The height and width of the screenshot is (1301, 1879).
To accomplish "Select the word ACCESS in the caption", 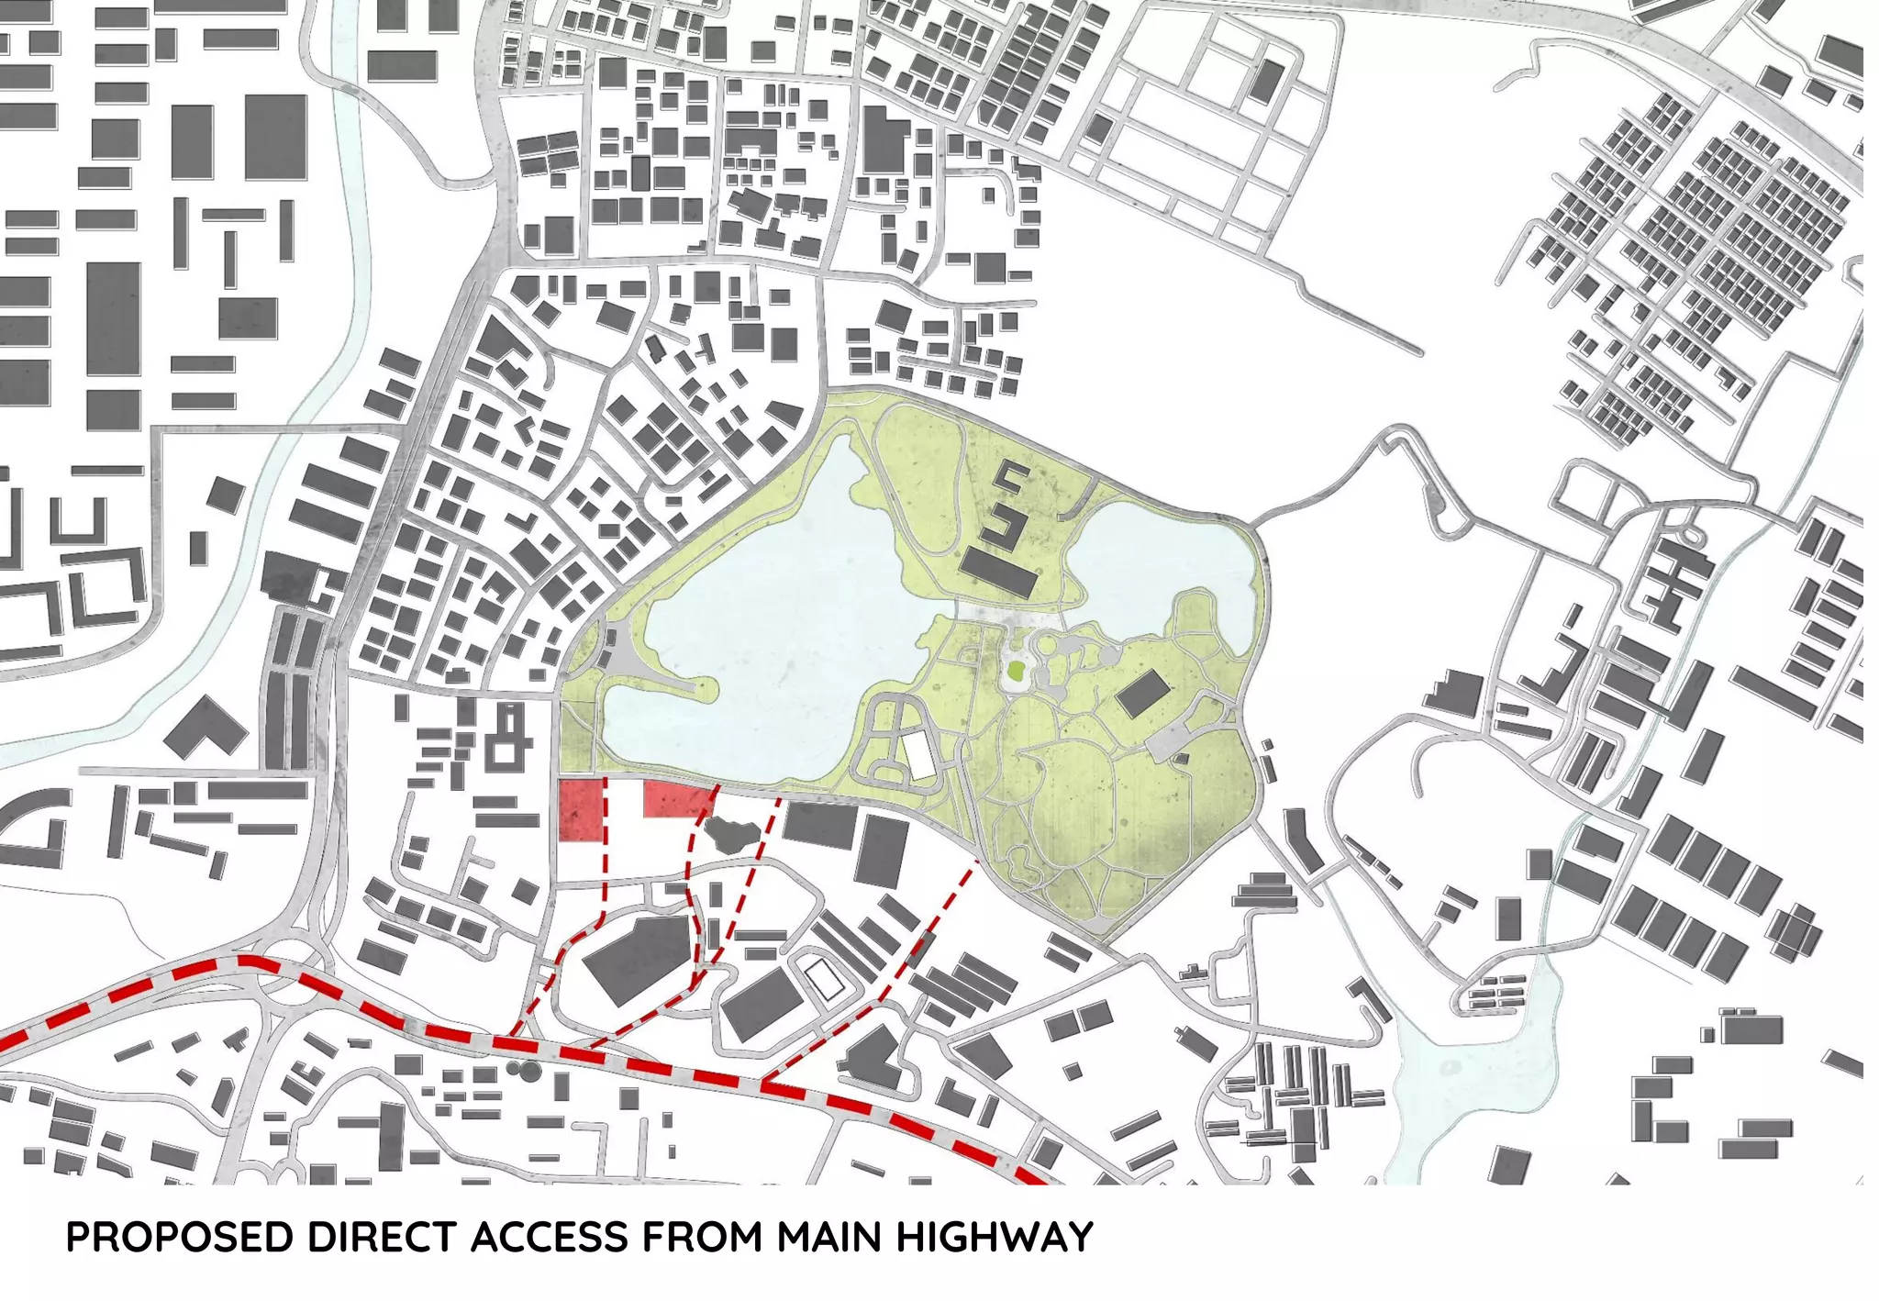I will point(550,1237).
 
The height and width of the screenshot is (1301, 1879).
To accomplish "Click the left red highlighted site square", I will point(582,810).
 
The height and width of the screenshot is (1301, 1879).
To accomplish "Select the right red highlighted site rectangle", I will point(678,799).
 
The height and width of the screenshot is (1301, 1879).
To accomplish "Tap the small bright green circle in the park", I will point(1016,671).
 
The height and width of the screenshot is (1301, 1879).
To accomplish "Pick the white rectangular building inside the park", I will point(920,755).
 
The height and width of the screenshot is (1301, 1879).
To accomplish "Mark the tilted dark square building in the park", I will point(1143,694).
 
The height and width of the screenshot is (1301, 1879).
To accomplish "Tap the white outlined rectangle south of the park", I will point(825,979).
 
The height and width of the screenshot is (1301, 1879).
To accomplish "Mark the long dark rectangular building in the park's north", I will point(999,573).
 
